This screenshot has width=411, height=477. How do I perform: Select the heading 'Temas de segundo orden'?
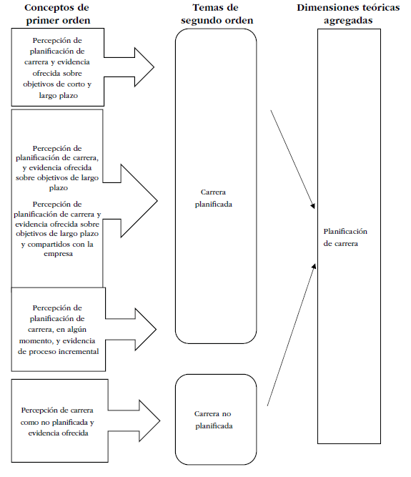point(214,13)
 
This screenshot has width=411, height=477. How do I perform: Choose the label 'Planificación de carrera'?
point(345,237)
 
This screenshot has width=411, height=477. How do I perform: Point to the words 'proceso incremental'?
point(56,351)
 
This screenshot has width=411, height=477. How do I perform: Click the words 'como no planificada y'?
point(59,422)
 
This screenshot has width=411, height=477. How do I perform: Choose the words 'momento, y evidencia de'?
point(58,342)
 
